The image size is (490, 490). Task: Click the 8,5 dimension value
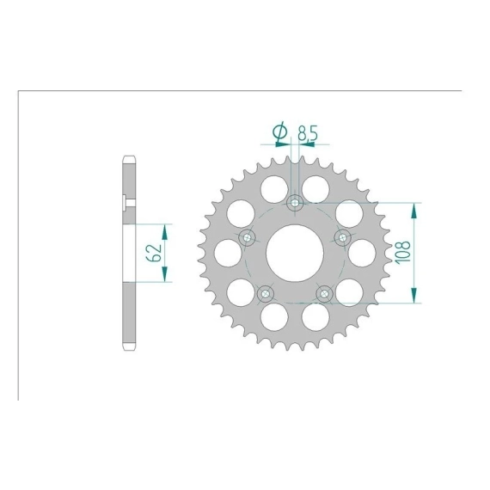coord(308,133)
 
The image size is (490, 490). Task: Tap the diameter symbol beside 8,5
coord(280,132)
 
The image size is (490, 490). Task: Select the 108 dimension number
coord(403,252)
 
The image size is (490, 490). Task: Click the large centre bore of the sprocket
coord(295,253)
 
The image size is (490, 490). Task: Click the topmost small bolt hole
coord(295,203)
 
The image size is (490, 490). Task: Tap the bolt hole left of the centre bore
coord(248,238)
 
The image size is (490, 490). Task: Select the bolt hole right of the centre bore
coord(342,238)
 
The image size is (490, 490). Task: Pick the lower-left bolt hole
coord(266,294)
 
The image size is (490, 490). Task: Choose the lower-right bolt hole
coord(324,294)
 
